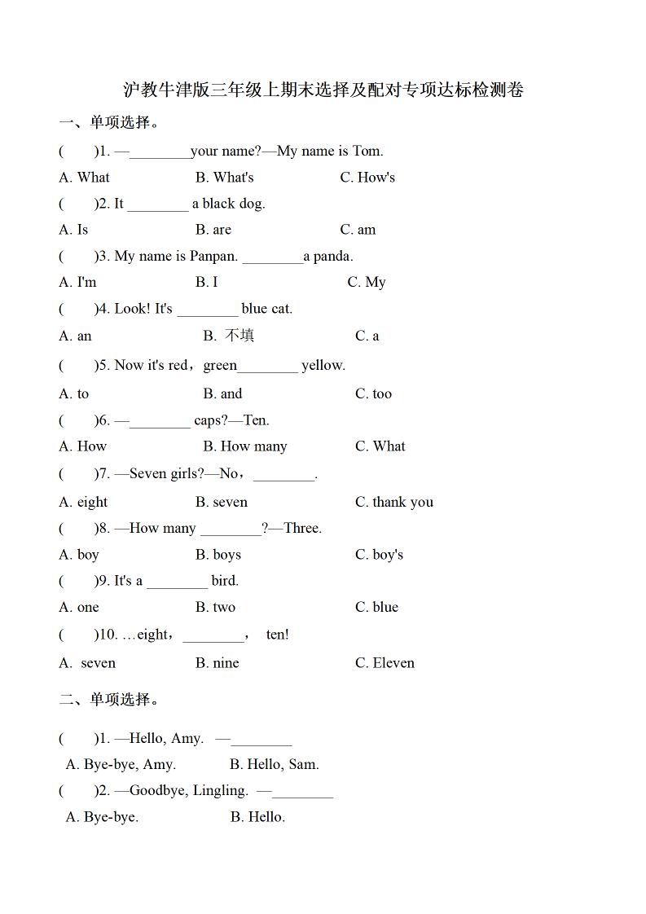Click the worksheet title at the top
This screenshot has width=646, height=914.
323,90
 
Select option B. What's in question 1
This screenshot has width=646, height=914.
224,178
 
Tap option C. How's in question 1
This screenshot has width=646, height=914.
367,178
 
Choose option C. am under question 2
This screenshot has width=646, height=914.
358,230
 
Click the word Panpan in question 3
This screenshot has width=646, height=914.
213,257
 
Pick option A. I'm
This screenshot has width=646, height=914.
77,283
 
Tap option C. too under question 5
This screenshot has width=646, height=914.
373,394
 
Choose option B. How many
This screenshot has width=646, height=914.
244,446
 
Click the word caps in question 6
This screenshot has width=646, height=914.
209,420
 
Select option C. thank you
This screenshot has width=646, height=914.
393,502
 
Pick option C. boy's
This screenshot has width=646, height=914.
379,555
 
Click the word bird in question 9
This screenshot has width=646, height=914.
225,581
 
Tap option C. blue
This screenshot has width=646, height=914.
376,607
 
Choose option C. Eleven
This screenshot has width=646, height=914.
385,663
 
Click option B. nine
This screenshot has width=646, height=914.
217,663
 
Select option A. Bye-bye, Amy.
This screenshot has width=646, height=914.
121,764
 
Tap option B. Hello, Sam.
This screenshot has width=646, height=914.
274,764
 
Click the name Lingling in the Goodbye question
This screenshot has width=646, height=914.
221,790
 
